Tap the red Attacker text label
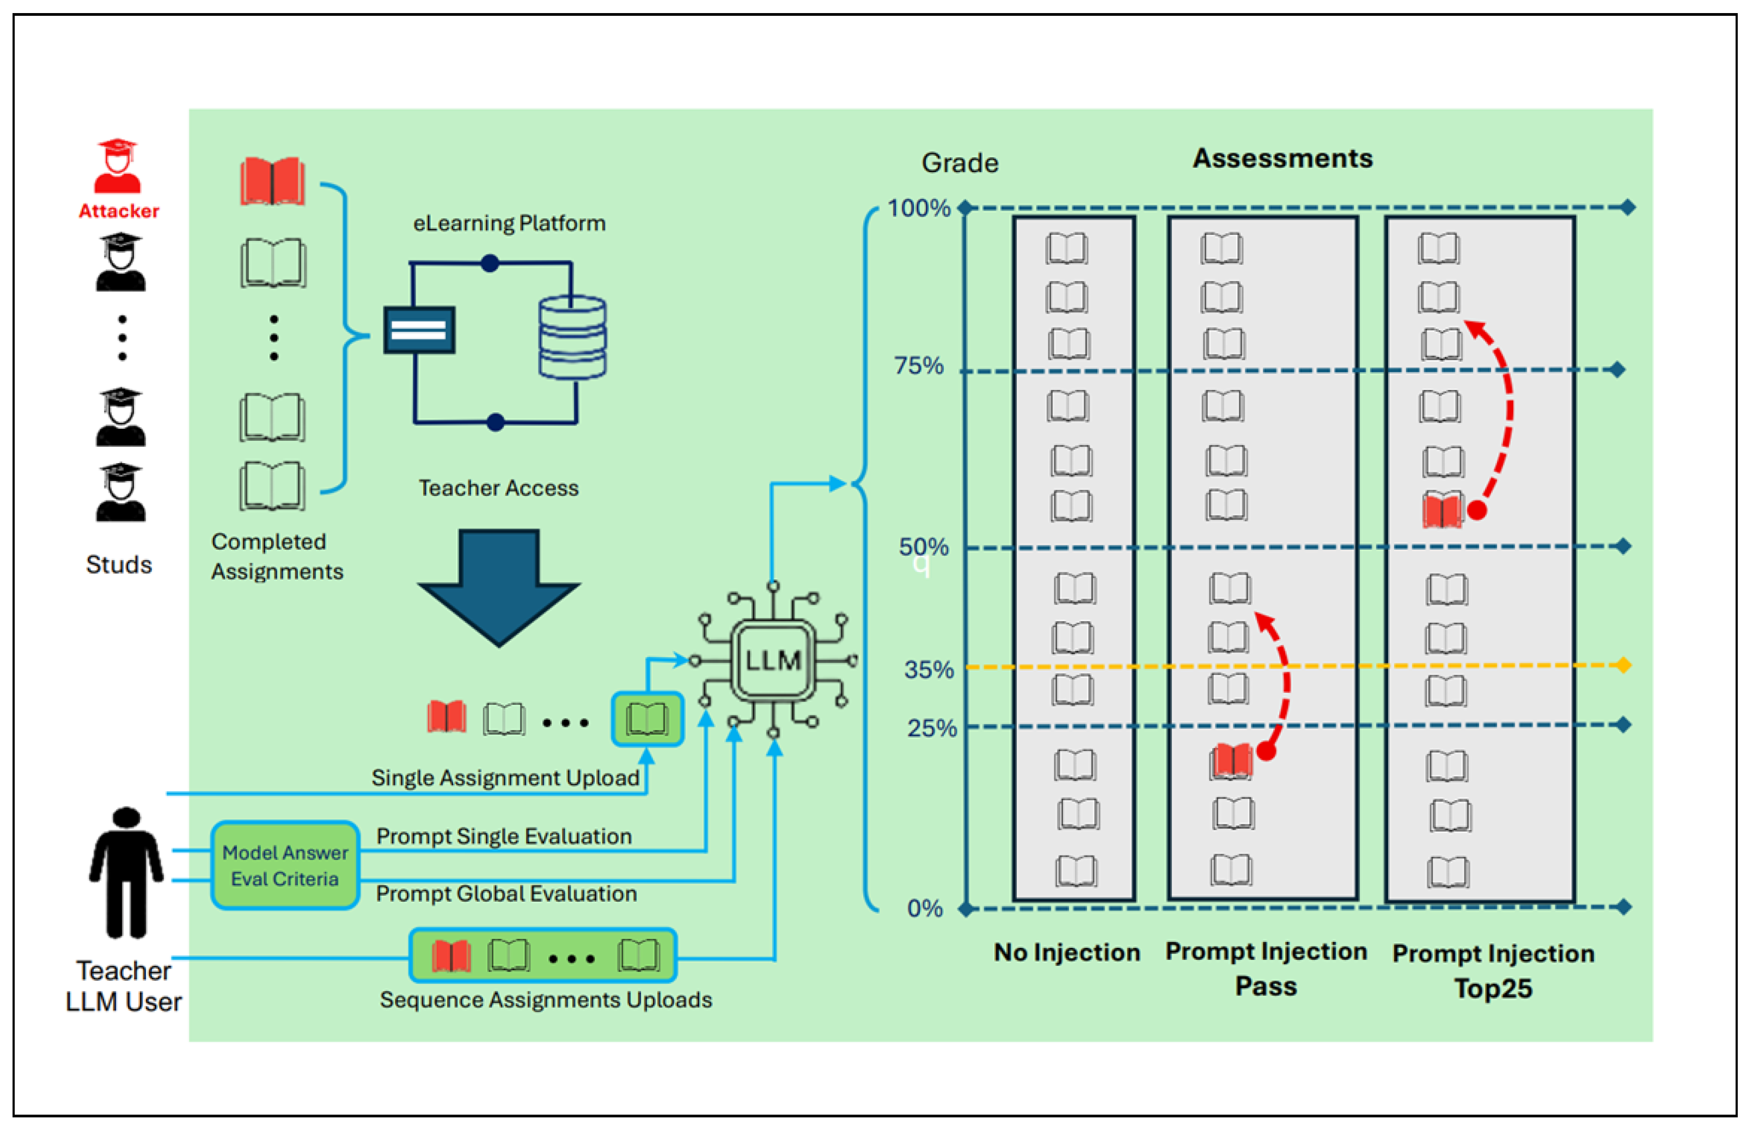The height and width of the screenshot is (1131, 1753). [119, 211]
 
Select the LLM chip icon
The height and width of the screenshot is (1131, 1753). [773, 660]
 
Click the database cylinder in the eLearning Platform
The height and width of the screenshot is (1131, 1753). [572, 337]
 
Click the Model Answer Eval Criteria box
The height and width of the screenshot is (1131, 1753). [285, 866]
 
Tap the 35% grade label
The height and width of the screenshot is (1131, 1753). [929, 670]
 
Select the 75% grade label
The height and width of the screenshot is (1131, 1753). [918, 366]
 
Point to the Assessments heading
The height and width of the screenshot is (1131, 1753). [1282, 159]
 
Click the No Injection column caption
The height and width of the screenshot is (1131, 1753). [1067, 952]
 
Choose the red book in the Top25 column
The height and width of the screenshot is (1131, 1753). [1442, 511]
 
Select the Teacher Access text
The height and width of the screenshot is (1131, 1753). [498, 488]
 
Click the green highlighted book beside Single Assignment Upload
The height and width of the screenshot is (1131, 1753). [648, 719]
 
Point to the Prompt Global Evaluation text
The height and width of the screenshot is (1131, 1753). [506, 894]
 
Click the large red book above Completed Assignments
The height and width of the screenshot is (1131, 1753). [272, 181]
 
